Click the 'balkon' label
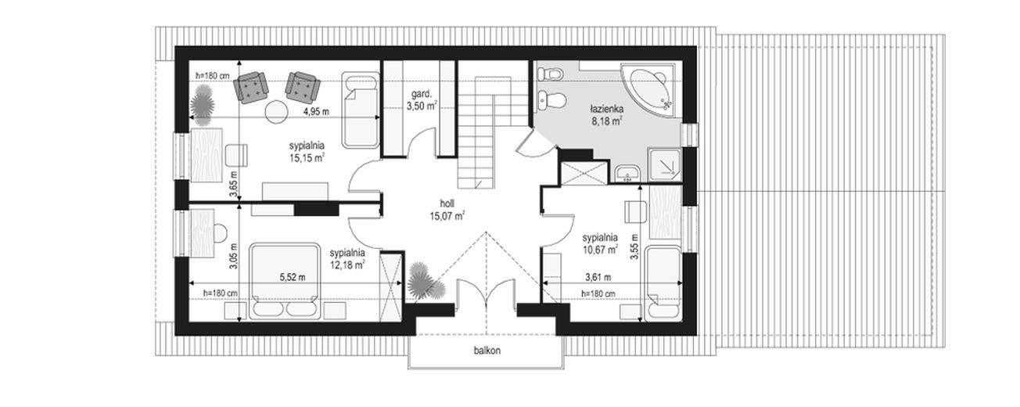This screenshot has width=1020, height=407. point(487,351)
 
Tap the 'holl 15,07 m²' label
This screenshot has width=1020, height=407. point(447,210)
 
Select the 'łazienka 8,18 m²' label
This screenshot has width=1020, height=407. point(606,115)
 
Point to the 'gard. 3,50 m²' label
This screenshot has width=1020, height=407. point(422,101)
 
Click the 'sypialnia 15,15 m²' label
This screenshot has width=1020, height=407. point(307,152)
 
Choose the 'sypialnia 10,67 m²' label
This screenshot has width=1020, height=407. point(600,243)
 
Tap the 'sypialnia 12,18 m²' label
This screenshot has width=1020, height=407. point(347,258)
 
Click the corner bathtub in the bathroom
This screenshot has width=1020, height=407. point(648,89)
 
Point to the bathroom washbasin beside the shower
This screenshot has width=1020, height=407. point(627,174)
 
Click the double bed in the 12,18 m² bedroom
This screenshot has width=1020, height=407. point(285,281)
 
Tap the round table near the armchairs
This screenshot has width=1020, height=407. point(276,111)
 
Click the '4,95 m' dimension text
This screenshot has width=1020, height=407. point(317,111)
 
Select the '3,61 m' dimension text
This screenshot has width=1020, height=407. point(598,277)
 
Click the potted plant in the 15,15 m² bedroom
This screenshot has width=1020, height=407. point(202,106)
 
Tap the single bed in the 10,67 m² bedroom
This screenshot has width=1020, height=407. point(663,283)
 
